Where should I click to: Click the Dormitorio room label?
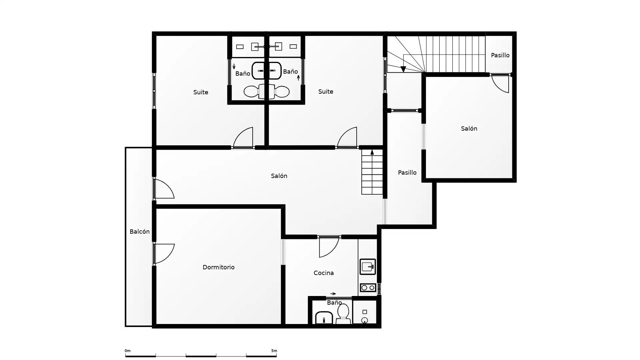click(218, 267)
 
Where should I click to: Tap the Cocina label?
click(324, 273)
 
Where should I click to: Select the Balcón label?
click(139, 232)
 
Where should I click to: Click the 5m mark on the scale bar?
click(274, 351)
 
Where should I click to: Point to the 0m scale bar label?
click(127, 351)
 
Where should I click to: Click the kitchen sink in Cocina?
click(368, 267)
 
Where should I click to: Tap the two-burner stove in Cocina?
click(368, 288)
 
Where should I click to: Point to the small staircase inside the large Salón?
click(372, 172)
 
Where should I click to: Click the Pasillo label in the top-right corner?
click(500, 55)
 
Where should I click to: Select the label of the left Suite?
click(201, 92)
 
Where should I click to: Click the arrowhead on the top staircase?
click(403, 69)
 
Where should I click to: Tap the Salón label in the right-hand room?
click(469, 129)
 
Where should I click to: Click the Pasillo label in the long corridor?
click(407, 173)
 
